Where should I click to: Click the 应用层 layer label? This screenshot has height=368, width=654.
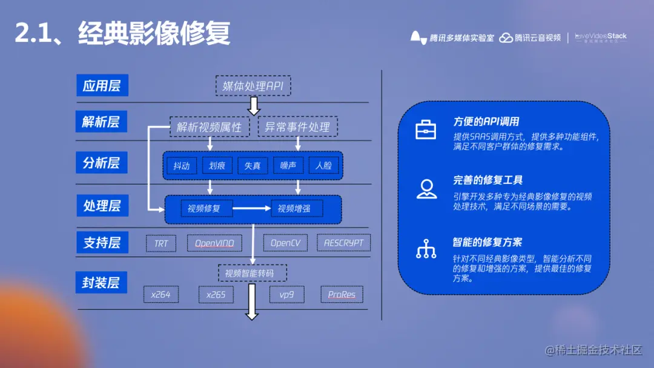point(102,85)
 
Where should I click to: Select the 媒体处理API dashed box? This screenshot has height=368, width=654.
point(253,86)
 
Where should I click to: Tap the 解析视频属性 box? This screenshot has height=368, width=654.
point(209,127)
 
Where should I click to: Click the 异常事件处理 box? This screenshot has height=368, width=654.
point(298,127)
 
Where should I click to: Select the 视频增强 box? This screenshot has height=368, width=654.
point(297,209)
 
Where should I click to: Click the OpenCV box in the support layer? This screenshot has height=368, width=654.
point(285,243)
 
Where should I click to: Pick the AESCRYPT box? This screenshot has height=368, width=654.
point(343,243)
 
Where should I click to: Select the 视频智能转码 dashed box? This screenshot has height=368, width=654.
point(252,274)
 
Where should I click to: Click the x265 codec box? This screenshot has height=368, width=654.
point(216,295)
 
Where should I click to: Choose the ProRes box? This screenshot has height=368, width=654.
point(342,295)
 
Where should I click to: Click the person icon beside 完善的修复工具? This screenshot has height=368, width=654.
point(426,189)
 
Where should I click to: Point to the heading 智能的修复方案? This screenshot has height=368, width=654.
point(487,242)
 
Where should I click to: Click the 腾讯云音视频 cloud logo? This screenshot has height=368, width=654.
point(506,38)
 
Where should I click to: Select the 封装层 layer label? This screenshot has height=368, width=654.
point(101,282)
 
